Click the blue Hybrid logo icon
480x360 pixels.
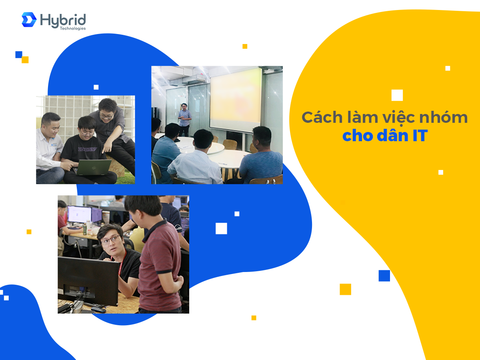pyautogui.click(x=29, y=20)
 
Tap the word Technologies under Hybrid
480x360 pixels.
pyautogui.click(x=73, y=28)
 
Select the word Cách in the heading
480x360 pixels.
pyautogui.click(x=322, y=117)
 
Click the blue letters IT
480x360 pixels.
pyautogui.click(x=420, y=136)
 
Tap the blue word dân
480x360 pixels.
pyautogui.click(x=393, y=135)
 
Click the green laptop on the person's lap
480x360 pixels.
pyautogui.click(x=93, y=167)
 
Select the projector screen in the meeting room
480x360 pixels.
pyautogui.click(x=236, y=100)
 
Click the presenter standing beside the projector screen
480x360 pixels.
pyautogui.click(x=184, y=119)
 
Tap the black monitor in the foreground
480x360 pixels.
pyautogui.click(x=88, y=281)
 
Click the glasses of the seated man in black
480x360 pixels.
pyautogui.click(x=110, y=240)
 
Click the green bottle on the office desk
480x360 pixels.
pyautogui.click(x=85, y=229)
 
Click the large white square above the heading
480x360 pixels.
pyautogui.click(x=397, y=95)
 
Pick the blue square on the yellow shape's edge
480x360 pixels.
pyautogui.click(x=384, y=276)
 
